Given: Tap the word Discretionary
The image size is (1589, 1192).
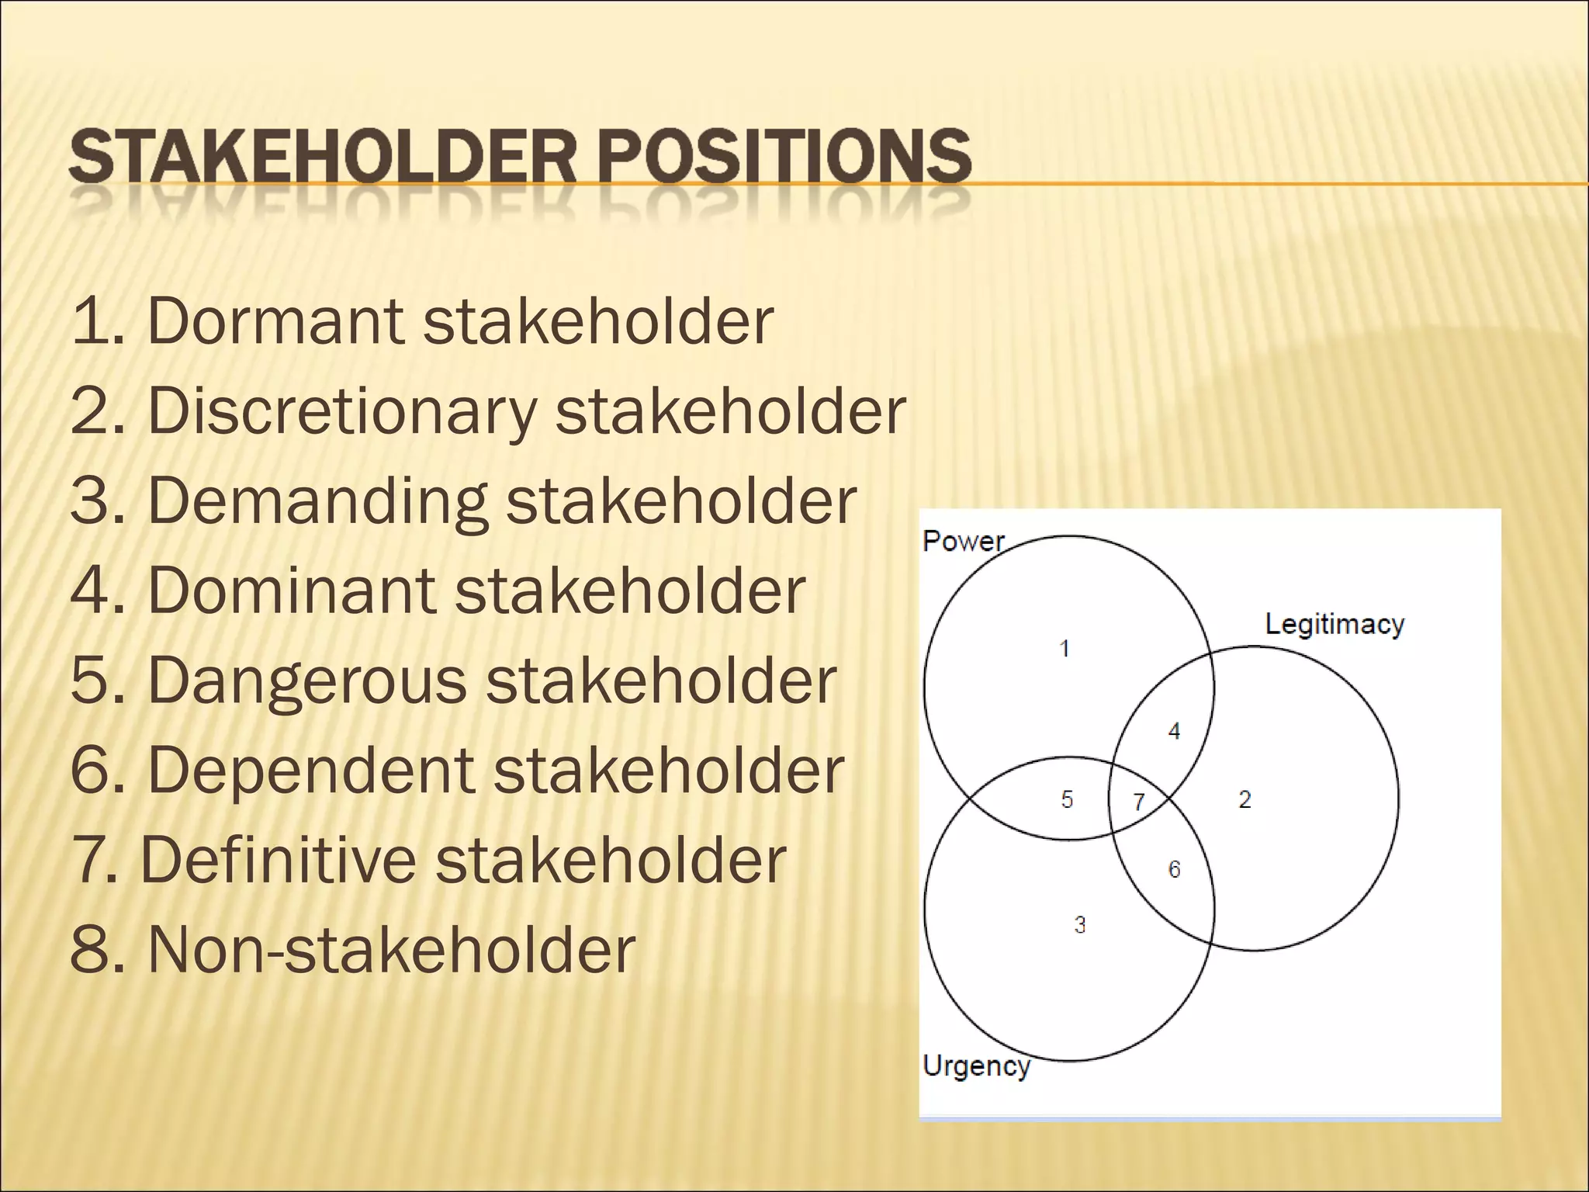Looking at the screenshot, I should [x=341, y=411].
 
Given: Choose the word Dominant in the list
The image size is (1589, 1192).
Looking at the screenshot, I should [x=291, y=591].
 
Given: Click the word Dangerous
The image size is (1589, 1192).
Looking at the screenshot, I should [x=306, y=681].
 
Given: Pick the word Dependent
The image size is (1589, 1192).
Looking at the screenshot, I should [x=310, y=771].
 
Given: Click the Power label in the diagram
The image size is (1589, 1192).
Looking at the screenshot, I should [x=963, y=541].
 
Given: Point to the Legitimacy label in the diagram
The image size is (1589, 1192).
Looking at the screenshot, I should [x=1335, y=624].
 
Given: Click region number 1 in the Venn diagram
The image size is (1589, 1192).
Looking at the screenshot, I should [x=1065, y=648].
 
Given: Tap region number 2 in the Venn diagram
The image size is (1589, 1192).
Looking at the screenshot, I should [x=1245, y=799].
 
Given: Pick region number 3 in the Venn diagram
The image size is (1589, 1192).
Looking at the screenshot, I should [x=1080, y=924].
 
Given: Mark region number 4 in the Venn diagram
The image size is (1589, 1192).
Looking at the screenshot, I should [x=1174, y=731].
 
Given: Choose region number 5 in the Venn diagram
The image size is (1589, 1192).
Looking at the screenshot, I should [x=1068, y=799].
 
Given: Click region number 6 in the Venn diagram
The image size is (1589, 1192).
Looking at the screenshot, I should [x=1174, y=869].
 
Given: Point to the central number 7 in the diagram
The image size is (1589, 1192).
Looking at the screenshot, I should [x=1139, y=802].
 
